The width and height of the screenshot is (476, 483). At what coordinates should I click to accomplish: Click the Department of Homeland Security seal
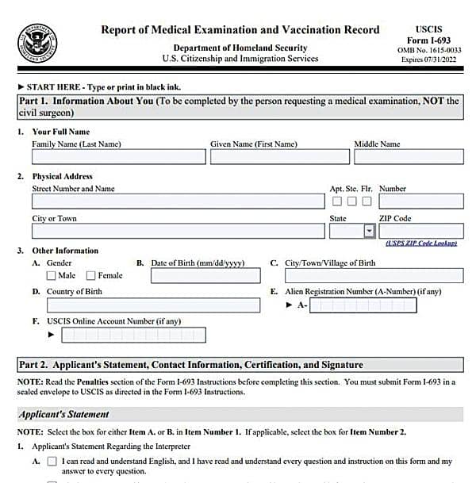pos(37,44)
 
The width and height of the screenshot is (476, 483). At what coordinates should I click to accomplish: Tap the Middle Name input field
pos(409,157)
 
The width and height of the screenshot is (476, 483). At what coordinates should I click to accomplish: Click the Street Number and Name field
pos(178,201)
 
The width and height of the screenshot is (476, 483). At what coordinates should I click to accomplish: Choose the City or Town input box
pos(178,231)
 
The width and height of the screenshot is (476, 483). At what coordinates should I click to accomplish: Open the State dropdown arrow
pos(369,231)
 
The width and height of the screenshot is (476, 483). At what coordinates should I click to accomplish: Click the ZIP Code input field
pos(420,231)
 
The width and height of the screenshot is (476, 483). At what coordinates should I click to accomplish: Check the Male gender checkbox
pos(52,276)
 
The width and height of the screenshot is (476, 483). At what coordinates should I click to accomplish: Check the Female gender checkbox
pos(91,276)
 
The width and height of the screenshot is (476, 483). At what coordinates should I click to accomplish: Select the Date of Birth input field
pos(205,276)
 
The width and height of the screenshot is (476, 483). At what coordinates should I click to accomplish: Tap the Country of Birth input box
pos(146,305)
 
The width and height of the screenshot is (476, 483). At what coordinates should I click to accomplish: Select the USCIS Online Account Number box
pos(133,335)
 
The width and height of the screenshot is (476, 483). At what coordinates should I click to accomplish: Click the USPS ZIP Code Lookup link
pos(421,243)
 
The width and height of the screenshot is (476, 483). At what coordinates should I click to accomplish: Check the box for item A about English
pos(52,462)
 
